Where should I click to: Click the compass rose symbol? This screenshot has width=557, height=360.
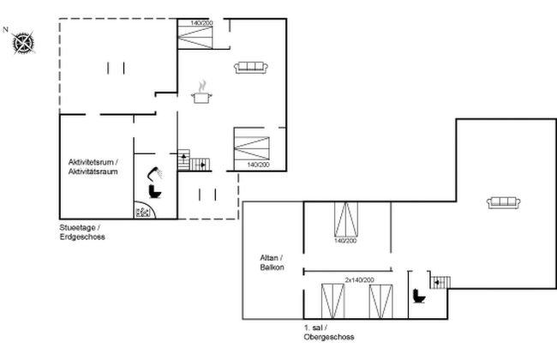[23, 43]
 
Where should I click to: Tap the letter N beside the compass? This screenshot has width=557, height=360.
[5, 30]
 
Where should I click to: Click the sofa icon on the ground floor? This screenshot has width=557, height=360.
[251, 68]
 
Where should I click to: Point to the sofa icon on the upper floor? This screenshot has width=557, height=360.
[503, 203]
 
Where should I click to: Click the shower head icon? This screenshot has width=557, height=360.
[155, 173]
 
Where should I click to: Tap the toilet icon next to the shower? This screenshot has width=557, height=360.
[155, 191]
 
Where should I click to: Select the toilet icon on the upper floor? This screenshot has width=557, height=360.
[419, 296]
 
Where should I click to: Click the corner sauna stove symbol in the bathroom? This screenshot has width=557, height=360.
[144, 210]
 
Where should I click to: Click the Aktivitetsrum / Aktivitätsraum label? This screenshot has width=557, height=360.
[93, 166]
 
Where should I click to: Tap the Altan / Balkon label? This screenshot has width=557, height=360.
[272, 262]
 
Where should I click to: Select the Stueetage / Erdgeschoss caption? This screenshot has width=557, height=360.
[82, 232]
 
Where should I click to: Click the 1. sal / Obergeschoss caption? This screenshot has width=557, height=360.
[328, 333]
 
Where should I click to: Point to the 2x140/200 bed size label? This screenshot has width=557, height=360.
[360, 280]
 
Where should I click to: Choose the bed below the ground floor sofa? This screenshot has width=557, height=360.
[251, 148]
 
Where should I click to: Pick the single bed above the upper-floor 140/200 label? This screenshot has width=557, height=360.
[346, 219]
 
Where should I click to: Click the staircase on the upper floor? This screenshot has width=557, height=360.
[440, 283]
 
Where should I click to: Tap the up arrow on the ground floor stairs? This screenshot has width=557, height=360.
[183, 157]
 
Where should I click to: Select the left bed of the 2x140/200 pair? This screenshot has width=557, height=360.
[332, 301]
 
